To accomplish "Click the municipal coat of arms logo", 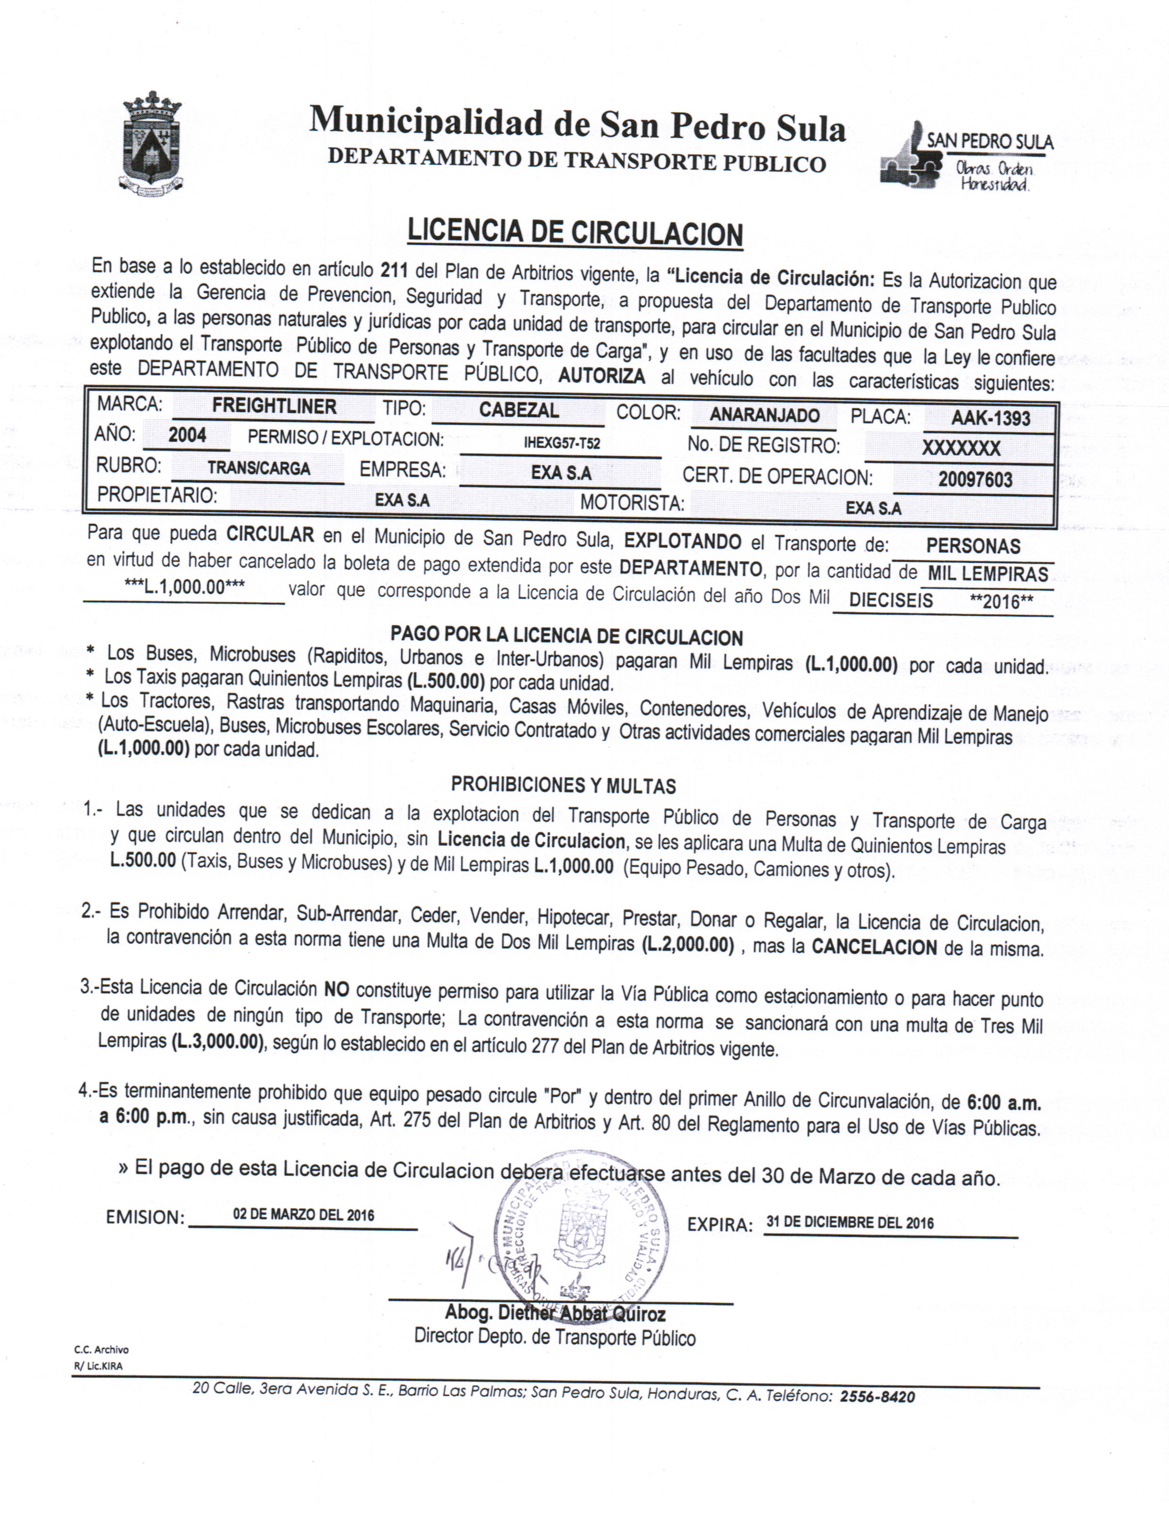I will click(x=152, y=144).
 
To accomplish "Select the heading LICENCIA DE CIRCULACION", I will click(x=575, y=233).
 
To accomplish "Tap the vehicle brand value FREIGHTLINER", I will click(x=274, y=407).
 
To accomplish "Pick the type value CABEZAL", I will click(x=519, y=410).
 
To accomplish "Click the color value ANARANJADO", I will click(x=764, y=416).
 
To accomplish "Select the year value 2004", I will click(x=187, y=436).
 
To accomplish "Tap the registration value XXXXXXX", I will click(x=961, y=448).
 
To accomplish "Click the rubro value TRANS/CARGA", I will click(x=258, y=468).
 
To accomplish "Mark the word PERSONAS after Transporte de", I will click(x=973, y=546).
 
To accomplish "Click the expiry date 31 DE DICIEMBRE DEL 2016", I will click(x=849, y=1222).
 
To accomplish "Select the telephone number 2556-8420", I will click(x=877, y=1397).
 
